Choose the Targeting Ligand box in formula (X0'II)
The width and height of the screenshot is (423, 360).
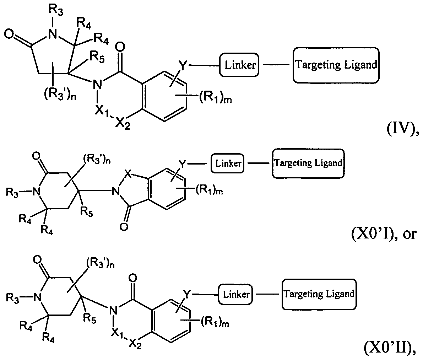(x=319, y=294)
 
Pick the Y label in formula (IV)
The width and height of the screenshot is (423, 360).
(x=183, y=65)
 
